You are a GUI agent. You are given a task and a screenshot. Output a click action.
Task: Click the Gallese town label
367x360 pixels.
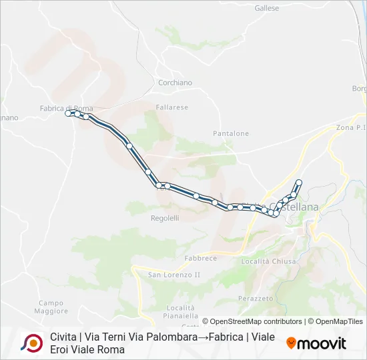tap(267, 9)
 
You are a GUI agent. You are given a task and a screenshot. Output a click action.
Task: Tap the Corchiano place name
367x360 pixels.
tap(175, 83)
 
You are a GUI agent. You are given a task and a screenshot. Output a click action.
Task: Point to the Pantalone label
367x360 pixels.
tap(231, 133)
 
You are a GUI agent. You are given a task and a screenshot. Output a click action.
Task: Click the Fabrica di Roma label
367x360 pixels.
tap(65, 108)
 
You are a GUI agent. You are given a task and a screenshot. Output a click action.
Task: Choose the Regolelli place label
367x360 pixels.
tap(165, 218)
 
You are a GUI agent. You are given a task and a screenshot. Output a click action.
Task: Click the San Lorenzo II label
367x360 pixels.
tap(174, 275)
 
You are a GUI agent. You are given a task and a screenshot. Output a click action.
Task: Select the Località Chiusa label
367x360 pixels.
tap(269, 261)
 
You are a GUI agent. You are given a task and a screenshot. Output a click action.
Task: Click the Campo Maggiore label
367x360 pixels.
tap(51, 307)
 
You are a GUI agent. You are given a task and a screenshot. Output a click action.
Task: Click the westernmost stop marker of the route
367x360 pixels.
tap(68, 113)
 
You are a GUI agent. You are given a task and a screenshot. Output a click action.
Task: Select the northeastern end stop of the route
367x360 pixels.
tap(299, 183)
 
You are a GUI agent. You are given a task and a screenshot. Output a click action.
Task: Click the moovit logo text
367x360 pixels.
tap(322, 343)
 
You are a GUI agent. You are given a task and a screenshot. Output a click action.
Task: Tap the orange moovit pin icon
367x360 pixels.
tap(291, 343)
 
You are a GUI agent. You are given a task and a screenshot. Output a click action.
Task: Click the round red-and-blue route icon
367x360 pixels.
tap(31, 343)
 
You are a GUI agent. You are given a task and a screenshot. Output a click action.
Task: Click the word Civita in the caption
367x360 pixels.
tap(62, 337)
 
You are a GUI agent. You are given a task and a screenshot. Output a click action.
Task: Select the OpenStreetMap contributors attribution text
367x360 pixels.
tap(256, 321)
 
